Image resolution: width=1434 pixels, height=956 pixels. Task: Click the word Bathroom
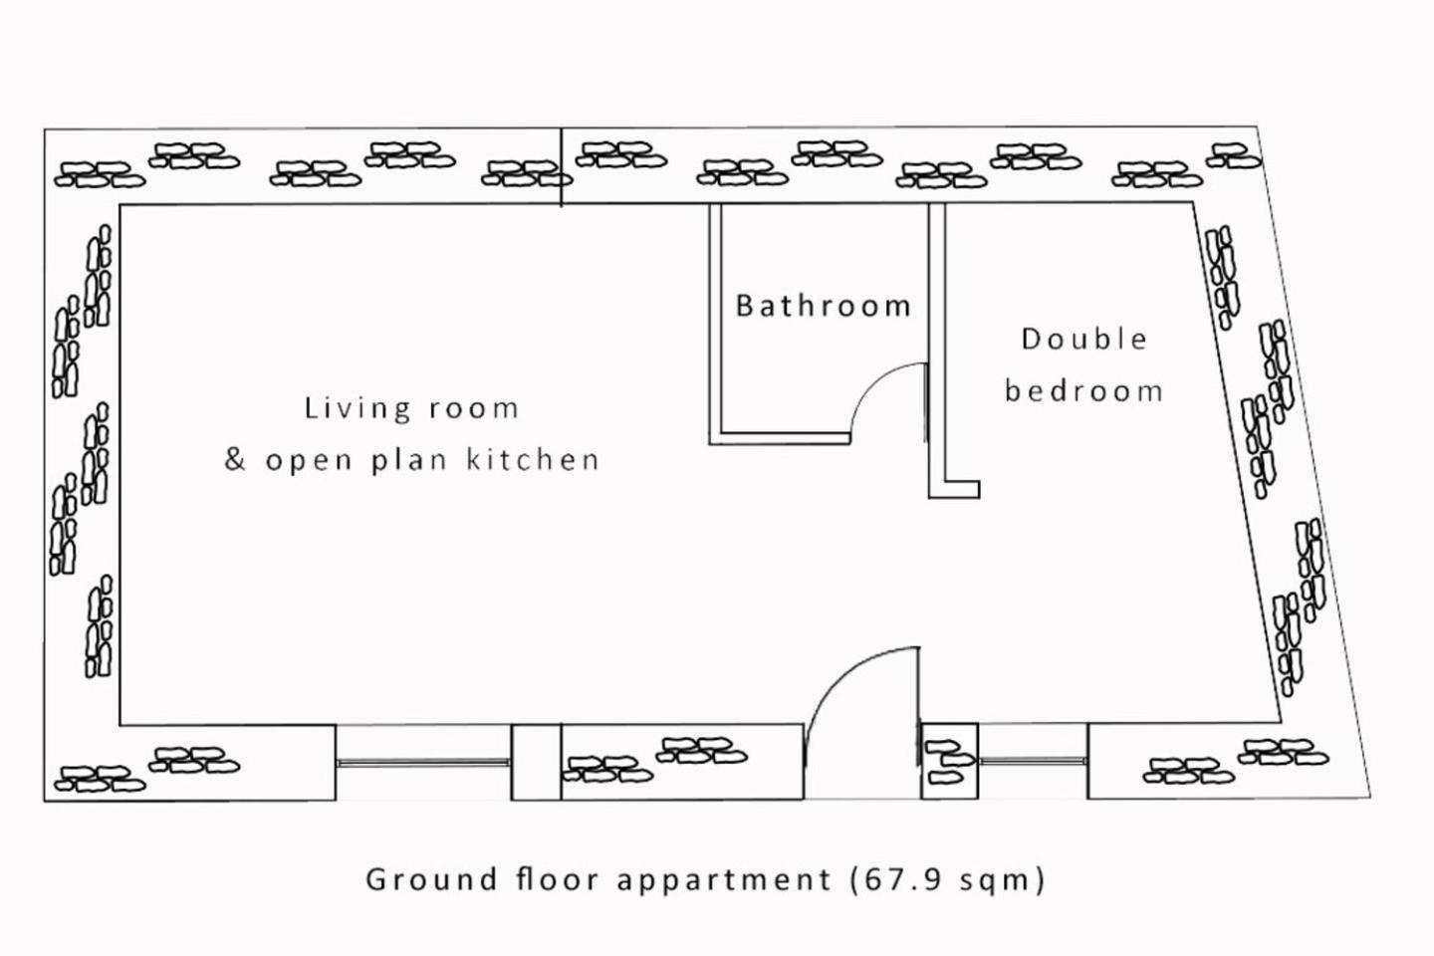824,306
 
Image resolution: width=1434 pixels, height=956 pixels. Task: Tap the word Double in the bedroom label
1083,339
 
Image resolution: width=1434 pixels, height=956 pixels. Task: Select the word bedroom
1083,390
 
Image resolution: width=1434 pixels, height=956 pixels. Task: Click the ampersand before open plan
235,459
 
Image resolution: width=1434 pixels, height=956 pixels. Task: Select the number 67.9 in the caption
903,879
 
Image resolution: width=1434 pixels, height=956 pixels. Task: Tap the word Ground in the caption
431,879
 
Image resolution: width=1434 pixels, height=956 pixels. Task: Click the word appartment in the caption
723,880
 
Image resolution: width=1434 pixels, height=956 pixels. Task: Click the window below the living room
423,763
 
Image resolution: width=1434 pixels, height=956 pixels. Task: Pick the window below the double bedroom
1032,761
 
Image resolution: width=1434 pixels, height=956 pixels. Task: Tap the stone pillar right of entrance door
949,762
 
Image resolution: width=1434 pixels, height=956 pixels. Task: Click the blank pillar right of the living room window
536,762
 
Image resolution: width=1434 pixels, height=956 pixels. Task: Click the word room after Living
474,409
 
